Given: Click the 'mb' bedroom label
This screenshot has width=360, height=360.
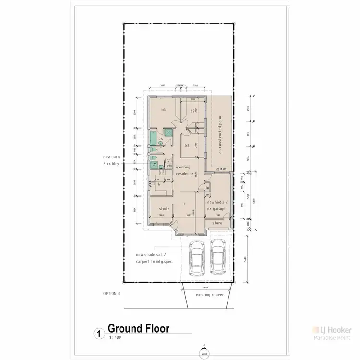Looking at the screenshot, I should click(x=164, y=110).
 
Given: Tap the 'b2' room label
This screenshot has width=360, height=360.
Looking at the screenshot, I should click(x=193, y=111).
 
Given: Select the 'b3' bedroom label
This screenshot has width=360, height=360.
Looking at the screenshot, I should click(x=187, y=145).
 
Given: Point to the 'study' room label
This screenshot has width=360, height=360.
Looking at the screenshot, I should click(x=164, y=209).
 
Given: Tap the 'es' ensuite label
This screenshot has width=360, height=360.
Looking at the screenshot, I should click(x=161, y=139).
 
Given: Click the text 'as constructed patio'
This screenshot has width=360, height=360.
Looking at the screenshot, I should click(x=221, y=134).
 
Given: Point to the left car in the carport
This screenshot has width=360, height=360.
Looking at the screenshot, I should click(x=196, y=260).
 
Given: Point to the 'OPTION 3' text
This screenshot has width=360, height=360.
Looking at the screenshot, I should click(x=112, y=293).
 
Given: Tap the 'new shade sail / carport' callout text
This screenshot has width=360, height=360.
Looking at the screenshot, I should click(x=154, y=258).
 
